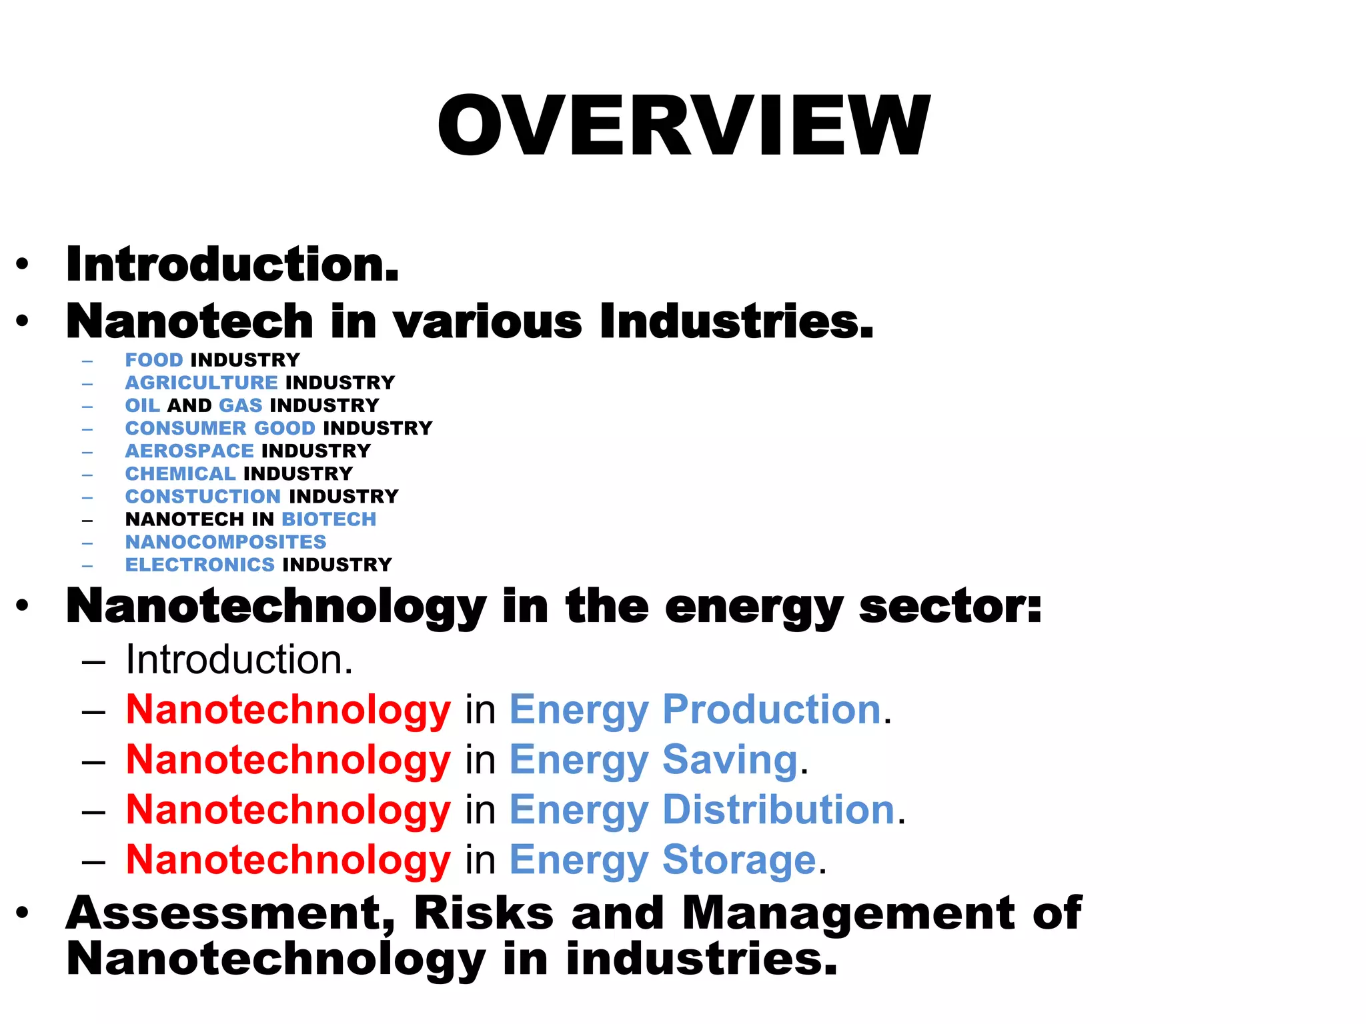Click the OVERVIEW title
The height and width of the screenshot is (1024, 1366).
pyautogui.click(x=683, y=127)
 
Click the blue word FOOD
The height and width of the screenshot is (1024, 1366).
pyautogui.click(x=154, y=360)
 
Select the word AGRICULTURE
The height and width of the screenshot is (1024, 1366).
pyautogui.click(x=201, y=383)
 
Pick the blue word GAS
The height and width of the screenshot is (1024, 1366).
pyautogui.click(x=241, y=405)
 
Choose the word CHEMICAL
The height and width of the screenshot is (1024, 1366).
pyautogui.click(x=181, y=473)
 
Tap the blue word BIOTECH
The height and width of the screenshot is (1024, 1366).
pyautogui.click(x=329, y=519)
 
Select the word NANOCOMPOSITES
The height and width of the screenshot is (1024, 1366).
pyautogui.click(x=226, y=542)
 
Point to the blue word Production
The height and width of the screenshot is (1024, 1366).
pyautogui.click(x=772, y=709)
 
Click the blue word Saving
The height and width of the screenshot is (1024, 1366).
pyautogui.click(x=730, y=760)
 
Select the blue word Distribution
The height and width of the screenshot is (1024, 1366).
pyautogui.click(x=778, y=810)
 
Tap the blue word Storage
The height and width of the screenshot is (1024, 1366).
pyautogui.click(x=739, y=860)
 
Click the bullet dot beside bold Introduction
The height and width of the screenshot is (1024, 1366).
pyautogui.click(x=23, y=265)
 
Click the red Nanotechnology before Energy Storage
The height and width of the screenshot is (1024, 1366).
pyautogui.click(x=288, y=860)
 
